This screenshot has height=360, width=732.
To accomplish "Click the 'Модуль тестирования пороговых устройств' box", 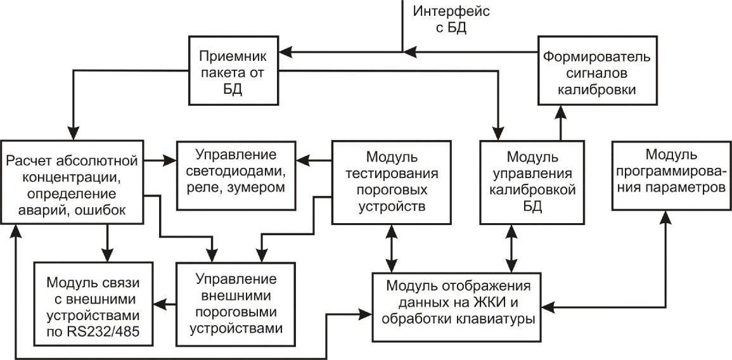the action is pos(391,182).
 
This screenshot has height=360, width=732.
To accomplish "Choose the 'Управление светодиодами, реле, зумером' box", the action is pos(236,175).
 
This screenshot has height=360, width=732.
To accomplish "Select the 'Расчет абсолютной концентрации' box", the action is pos(72,182).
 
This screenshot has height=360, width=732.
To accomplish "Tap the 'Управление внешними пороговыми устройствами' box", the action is pos(236,304).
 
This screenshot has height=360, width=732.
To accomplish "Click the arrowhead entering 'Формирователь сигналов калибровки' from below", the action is pos(561,111).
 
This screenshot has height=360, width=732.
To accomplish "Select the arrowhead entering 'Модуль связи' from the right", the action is pos(160,304).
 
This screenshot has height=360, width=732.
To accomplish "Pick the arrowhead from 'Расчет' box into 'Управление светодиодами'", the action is pos(170,161).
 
